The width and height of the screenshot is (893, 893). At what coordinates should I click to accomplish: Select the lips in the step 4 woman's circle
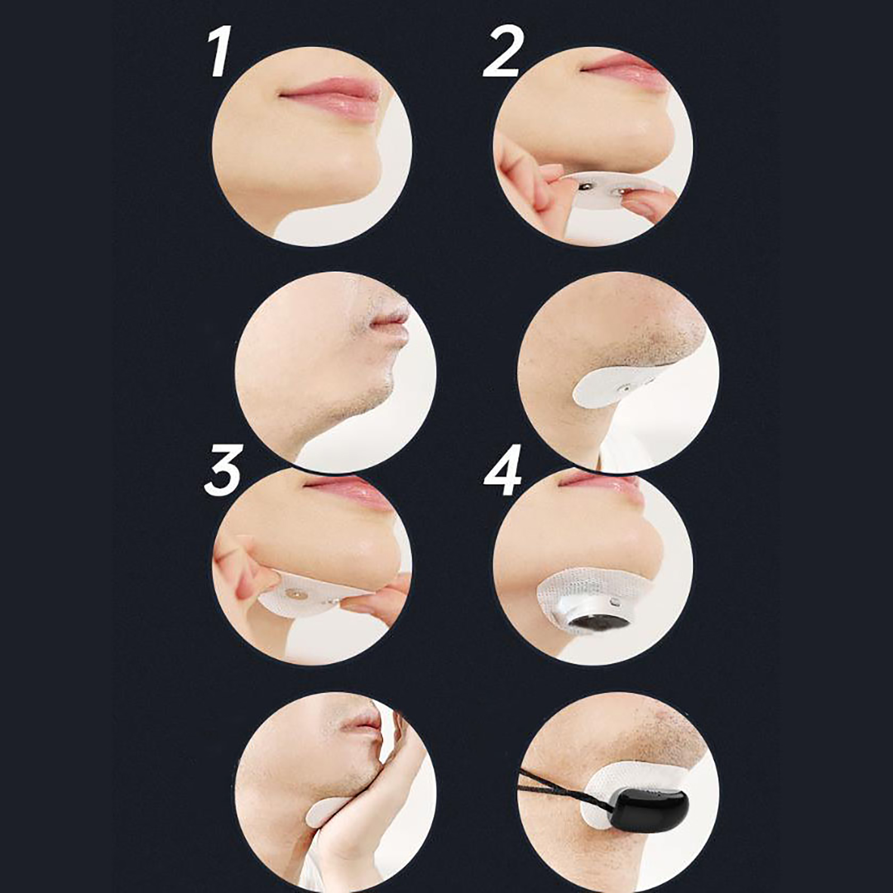tap(600, 481)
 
